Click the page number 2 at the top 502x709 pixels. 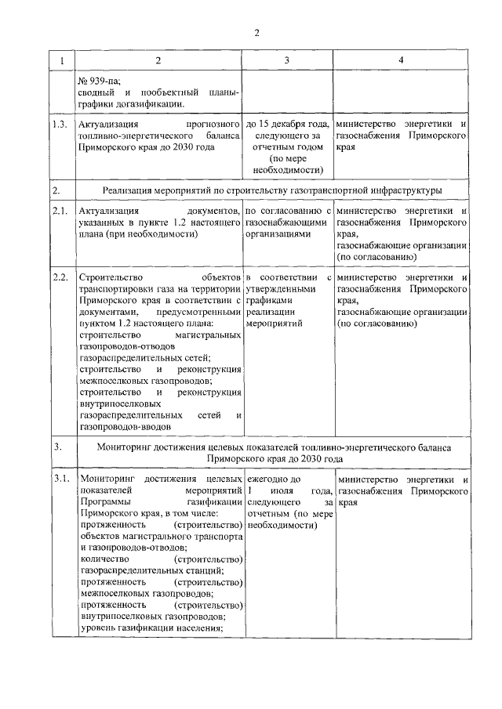click(255, 32)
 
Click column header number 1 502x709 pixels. click(62, 60)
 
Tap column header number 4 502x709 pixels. click(401, 60)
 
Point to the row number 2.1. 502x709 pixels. click(59, 211)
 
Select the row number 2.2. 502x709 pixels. click(59, 278)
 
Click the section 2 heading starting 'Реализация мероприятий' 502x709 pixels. click(272, 190)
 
